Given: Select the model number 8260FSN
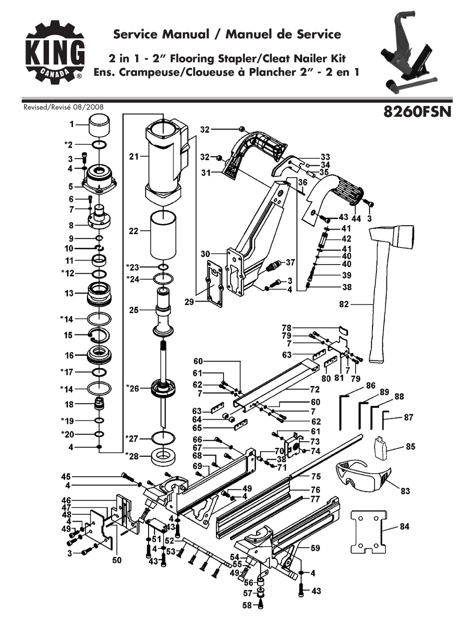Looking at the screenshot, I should [417, 110].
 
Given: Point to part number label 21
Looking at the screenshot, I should [133, 156].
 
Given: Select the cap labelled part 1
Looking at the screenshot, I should [100, 125].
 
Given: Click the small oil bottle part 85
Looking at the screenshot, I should [382, 447].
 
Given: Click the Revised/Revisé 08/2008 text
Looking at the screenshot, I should [63, 106].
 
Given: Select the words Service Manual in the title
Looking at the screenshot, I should [161, 34].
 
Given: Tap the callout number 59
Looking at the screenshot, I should [314, 548].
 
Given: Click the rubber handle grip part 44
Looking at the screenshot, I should [344, 190].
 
